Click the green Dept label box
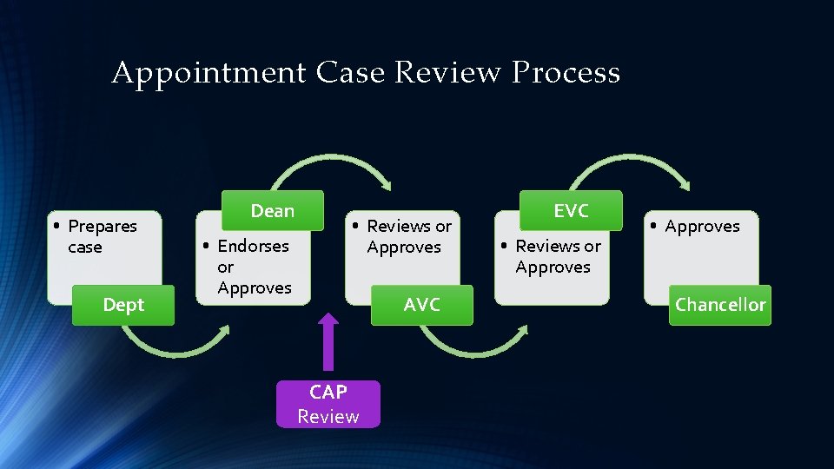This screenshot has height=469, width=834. coord(122,305)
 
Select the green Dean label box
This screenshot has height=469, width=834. coord(272,211)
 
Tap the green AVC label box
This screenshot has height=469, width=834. coord(421,305)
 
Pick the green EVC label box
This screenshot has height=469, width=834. coord(571,211)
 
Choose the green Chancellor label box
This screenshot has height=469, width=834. coord(720,305)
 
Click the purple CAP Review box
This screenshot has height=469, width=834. coord(328,404)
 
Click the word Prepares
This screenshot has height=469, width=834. coord(103,227)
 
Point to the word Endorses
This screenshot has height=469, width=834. coord(253,247)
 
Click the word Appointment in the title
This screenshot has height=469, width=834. coord(208,73)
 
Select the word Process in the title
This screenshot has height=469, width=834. coord(566,73)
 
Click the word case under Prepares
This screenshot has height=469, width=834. coord(85,248)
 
